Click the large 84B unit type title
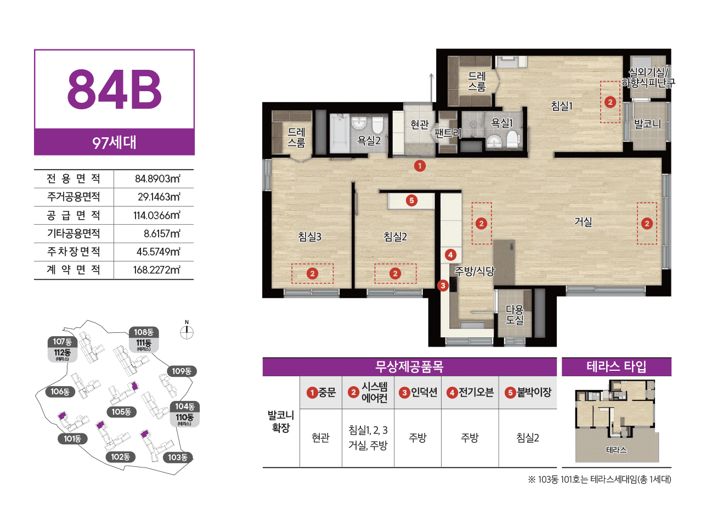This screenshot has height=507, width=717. (x=114, y=90)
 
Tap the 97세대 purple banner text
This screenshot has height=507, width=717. (x=114, y=142)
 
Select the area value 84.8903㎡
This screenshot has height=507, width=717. (x=157, y=179)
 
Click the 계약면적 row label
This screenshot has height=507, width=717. (x=74, y=270)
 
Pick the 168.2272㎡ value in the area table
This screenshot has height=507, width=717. (x=157, y=270)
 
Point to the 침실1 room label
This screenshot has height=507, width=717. (x=561, y=106)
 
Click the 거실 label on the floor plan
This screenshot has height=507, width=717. (x=583, y=221)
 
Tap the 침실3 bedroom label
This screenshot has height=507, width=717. (x=309, y=237)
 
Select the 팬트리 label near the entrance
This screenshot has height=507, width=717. (x=448, y=133)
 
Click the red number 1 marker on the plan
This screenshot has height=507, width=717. (x=420, y=166)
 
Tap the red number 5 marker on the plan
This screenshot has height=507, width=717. (x=411, y=200)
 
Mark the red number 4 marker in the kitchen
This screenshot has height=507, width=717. (x=450, y=255)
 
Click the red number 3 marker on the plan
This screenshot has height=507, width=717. (x=443, y=285)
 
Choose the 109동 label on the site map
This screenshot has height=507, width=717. (x=182, y=371)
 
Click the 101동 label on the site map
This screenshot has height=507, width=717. (x=72, y=438)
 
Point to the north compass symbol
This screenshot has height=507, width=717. (x=187, y=332)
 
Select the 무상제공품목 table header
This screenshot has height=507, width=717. (x=409, y=366)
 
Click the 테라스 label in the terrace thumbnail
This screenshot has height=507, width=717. (x=616, y=450)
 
